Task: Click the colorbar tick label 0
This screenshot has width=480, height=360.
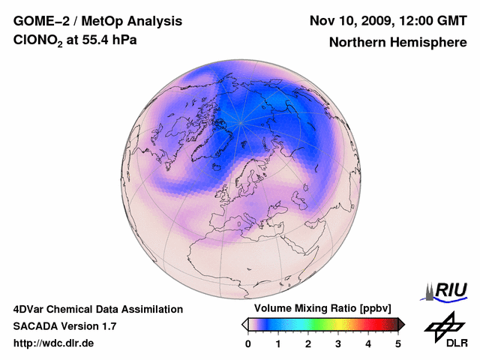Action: pos(248,343)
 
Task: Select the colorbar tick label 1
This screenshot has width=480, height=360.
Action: pos(278,343)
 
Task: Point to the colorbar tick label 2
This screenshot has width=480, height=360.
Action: pos(308,343)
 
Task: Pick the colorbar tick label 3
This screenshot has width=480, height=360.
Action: pos(338,343)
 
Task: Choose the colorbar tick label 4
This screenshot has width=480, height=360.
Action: pos(368,343)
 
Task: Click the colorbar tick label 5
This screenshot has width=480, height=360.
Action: pos(398,343)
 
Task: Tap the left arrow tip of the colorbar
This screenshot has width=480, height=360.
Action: pos(244,324)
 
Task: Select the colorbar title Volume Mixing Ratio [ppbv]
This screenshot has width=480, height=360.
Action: pos(319,309)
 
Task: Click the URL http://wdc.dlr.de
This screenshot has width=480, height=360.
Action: pos(54,343)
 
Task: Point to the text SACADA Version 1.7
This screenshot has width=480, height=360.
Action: pos(64,326)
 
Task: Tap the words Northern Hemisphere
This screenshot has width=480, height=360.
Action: pos(398,43)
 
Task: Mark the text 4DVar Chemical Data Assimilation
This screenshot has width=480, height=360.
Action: pos(98,309)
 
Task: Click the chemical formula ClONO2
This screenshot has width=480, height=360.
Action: pos(40,41)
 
